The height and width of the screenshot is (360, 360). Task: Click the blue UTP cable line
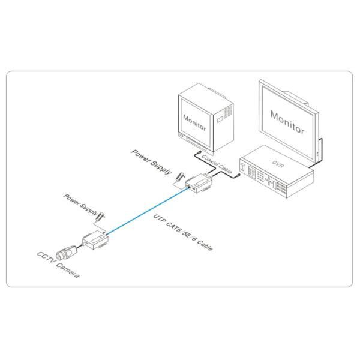[x=147, y=210]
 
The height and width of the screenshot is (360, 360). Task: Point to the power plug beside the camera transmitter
[x=101, y=213]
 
